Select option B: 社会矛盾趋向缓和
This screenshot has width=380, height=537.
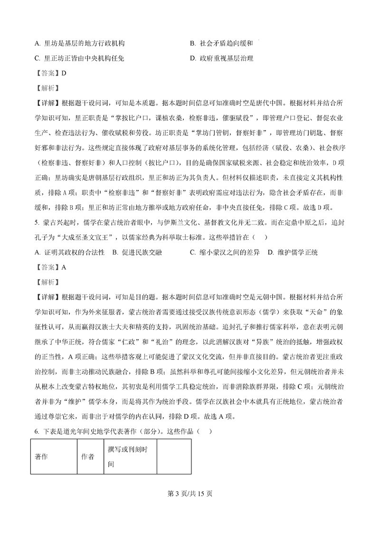click(x=221, y=44)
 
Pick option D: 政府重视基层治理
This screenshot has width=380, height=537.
click(x=221, y=59)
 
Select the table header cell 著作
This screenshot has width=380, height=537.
click(x=42, y=456)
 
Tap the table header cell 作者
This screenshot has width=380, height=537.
click(x=88, y=456)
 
